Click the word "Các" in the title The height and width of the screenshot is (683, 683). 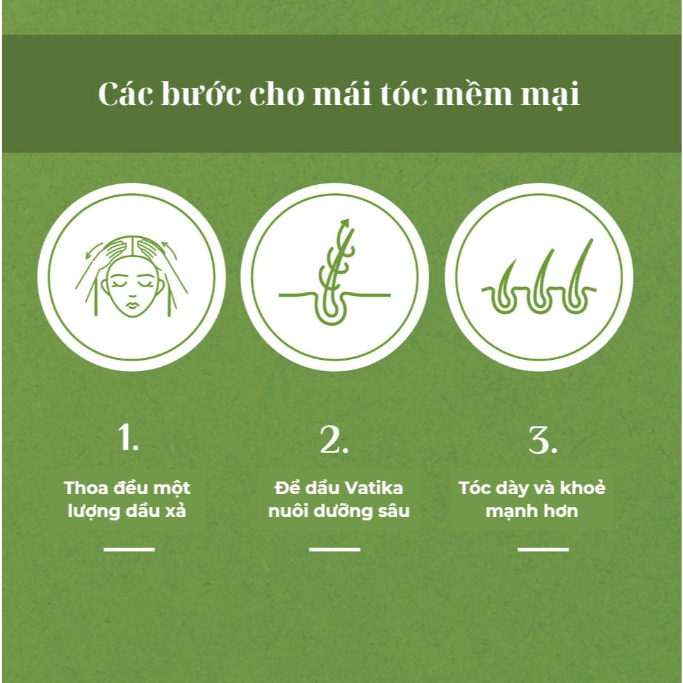(x=126, y=93)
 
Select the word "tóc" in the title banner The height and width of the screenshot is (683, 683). (x=404, y=93)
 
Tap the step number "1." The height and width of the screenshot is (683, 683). (x=129, y=437)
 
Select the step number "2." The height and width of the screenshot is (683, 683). (x=334, y=439)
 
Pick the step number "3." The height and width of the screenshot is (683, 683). (x=543, y=439)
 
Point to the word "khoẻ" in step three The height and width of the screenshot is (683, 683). (x=582, y=488)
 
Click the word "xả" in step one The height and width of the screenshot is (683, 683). (x=176, y=510)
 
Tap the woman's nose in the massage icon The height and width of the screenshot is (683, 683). (x=131, y=293)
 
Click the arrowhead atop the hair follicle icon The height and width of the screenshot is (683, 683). (x=345, y=223)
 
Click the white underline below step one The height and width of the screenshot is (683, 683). (x=129, y=550)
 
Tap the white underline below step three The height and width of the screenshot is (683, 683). (x=543, y=550)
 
